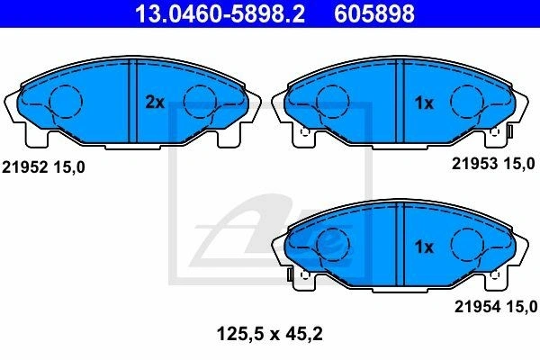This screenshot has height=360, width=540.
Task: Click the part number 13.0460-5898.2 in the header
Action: pyautogui.click(x=220, y=13)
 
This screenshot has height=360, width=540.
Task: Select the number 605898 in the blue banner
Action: pyautogui.click(x=374, y=13)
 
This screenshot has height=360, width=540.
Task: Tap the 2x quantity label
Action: pyautogui.click(x=155, y=102)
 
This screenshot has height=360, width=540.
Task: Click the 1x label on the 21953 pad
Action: pyautogui.click(x=424, y=103)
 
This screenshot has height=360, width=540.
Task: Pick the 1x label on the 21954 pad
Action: pyautogui.click(x=424, y=247)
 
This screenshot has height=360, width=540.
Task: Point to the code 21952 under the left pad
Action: pyautogui.click(x=24, y=167)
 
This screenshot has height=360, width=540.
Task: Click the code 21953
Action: pyautogui.click(x=474, y=163)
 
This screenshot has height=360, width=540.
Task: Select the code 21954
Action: pyautogui.click(x=477, y=306)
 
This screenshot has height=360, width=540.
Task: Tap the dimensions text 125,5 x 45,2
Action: pyautogui.click(x=270, y=334)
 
